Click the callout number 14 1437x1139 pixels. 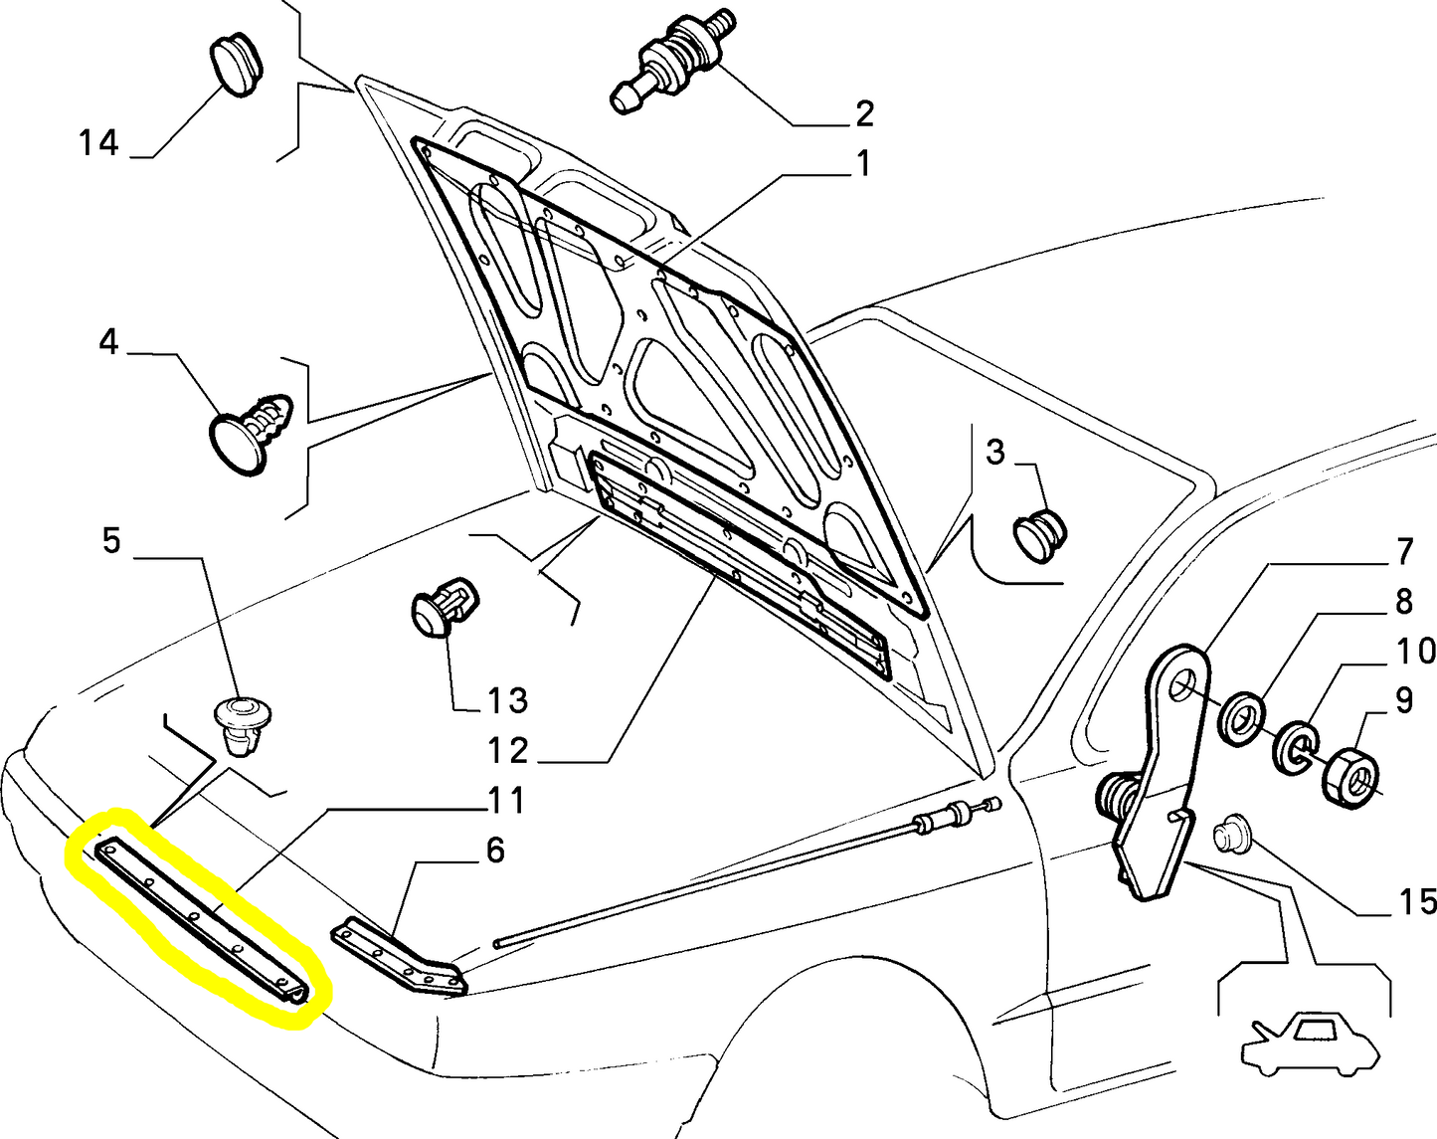pos(98,144)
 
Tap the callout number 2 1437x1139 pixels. pos(863,113)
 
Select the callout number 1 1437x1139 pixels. pos(862,163)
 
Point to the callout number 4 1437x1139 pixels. pos(108,343)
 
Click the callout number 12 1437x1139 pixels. pos(508,751)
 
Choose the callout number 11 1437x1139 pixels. pos(506,800)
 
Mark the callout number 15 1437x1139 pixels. pos(1417,902)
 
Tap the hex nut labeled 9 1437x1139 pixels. pos(1350,774)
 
